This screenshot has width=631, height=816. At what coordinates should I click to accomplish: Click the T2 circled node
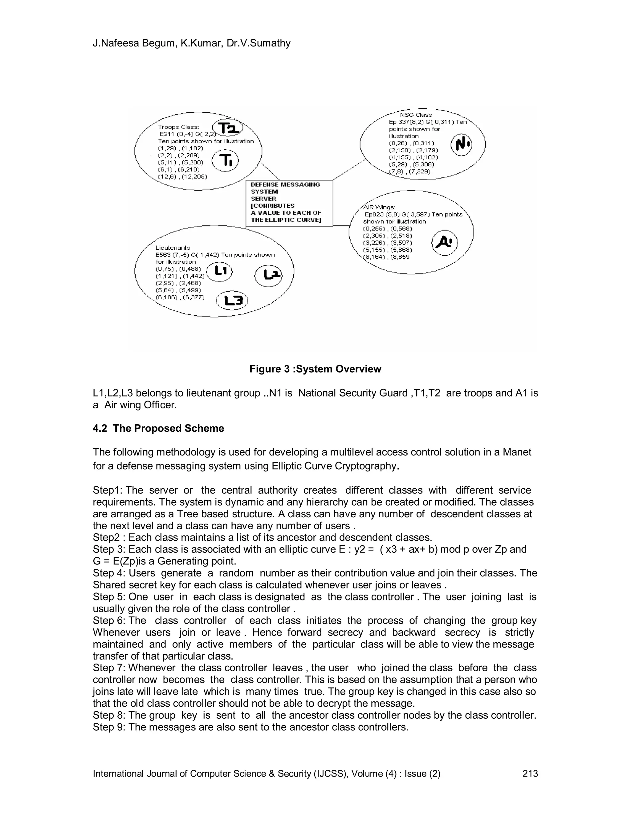click(228, 128)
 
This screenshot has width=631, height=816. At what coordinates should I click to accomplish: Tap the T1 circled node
click(225, 161)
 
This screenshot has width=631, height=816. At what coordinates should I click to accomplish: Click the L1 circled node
click(219, 272)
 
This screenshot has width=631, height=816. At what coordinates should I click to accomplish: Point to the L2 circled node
click(268, 276)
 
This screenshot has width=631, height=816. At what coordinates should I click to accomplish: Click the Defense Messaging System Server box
click(289, 203)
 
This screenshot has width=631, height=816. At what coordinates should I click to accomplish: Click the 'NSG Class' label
click(416, 115)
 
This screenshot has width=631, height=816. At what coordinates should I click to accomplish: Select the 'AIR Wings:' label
click(379, 207)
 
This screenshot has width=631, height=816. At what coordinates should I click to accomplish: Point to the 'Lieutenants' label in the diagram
click(173, 248)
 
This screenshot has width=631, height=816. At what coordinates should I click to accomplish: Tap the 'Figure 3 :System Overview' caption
click(315, 369)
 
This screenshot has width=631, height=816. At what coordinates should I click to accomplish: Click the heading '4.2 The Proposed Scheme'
click(158, 428)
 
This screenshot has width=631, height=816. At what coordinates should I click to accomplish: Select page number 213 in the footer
click(530, 774)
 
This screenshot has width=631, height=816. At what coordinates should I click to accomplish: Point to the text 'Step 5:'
click(109, 597)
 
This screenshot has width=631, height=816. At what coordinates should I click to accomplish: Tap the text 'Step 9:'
click(109, 727)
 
